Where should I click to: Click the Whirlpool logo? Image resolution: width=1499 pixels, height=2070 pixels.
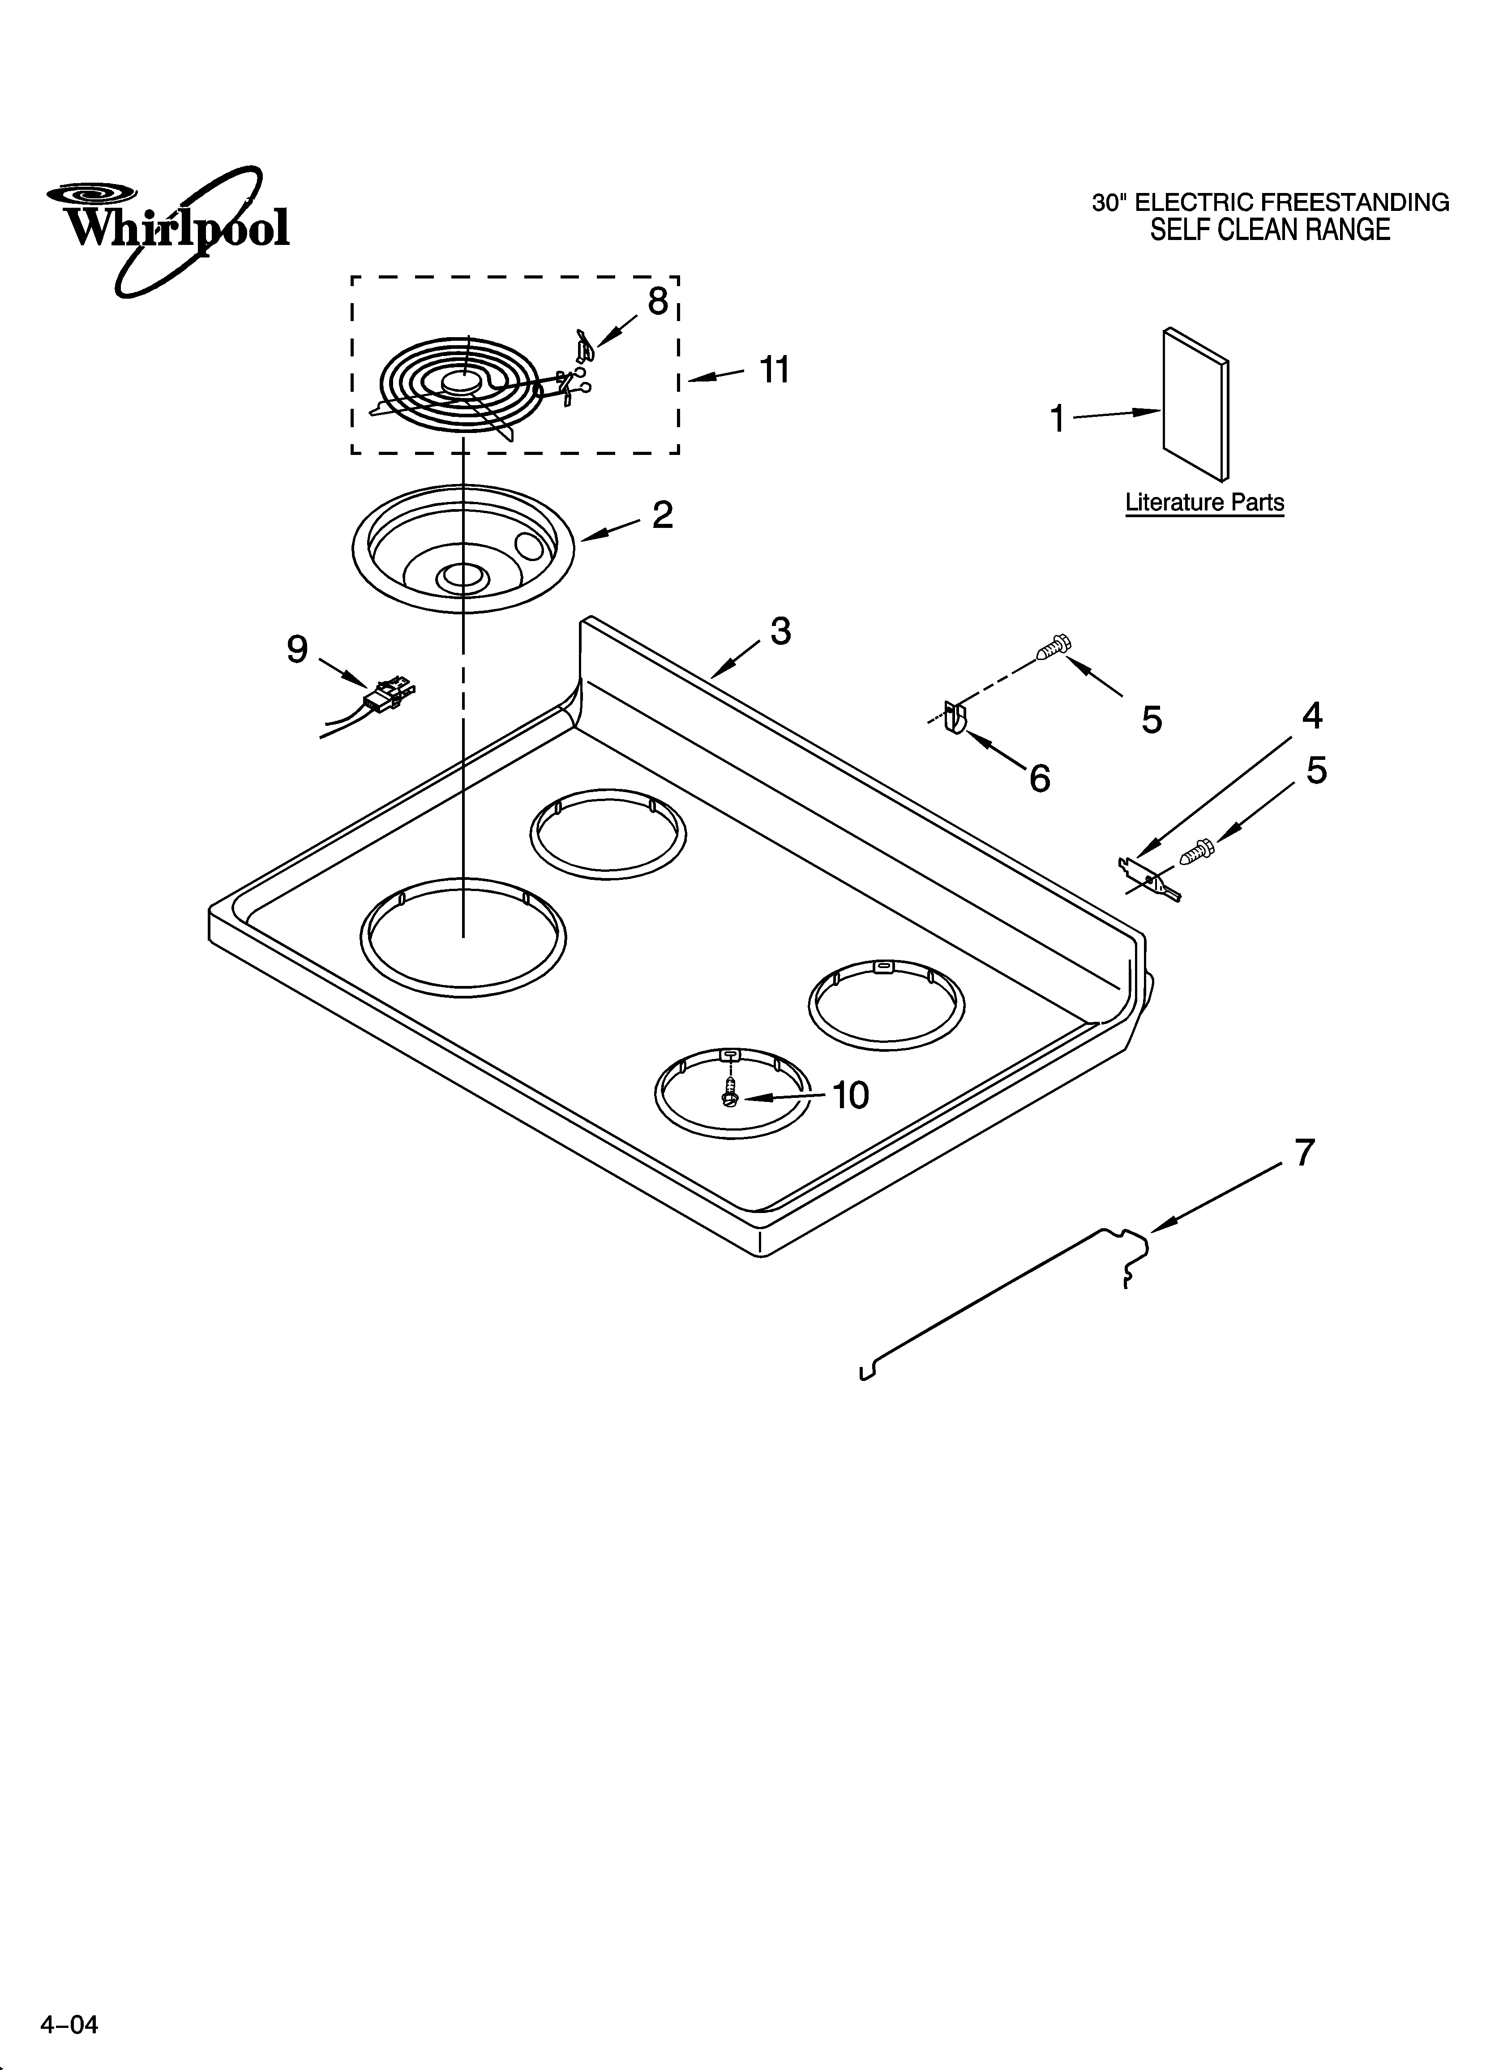(169, 228)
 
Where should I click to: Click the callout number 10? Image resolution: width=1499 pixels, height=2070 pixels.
(851, 1095)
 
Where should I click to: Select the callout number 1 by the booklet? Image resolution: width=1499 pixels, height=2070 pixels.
(1057, 419)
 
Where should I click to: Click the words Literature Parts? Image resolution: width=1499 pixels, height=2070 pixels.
(1204, 503)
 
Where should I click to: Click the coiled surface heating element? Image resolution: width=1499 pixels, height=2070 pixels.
(456, 388)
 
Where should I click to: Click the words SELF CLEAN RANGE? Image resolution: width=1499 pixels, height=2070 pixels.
(1270, 230)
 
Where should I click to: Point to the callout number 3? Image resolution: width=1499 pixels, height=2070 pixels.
(779, 631)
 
